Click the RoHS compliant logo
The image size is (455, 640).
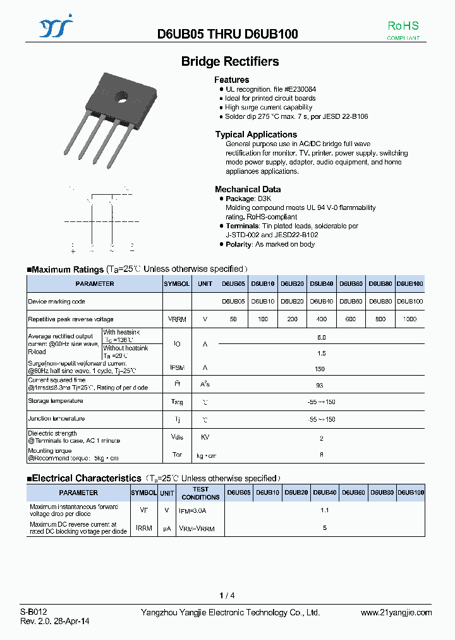point(403,30)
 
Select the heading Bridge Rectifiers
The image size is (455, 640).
point(230,61)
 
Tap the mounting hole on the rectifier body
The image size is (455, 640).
point(120,97)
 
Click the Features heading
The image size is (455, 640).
point(232,80)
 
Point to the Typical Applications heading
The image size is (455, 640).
point(256,134)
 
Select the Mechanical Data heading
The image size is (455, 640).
point(248,189)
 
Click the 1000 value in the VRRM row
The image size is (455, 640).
point(409,319)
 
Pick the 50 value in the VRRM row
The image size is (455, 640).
point(234,319)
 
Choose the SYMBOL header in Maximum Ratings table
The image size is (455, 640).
point(176,284)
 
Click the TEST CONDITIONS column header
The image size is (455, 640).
point(200,493)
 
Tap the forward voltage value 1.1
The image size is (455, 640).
point(325,510)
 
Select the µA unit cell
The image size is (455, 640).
point(167,527)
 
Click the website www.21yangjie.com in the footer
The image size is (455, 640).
point(396,612)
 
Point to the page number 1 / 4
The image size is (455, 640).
point(227,595)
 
